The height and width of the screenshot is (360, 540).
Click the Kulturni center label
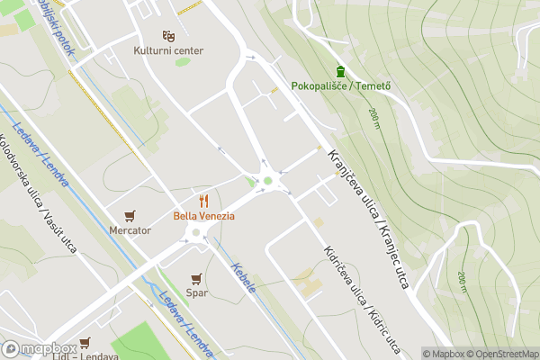tap(169, 51)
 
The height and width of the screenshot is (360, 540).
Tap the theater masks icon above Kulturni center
tap(168, 36)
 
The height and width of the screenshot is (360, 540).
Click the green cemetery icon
tap(340, 71)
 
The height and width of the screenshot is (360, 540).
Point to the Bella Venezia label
tap(203, 216)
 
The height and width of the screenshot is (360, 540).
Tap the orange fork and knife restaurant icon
tap(203, 200)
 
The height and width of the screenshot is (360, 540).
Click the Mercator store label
tap(130, 230)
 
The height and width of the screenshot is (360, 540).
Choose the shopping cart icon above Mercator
tap(130, 215)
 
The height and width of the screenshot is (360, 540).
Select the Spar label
tap(197, 293)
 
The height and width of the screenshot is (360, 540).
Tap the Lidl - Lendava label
tap(85, 356)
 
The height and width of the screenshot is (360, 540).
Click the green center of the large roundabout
tap(267, 181)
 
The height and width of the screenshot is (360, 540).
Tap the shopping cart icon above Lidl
tap(85, 343)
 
